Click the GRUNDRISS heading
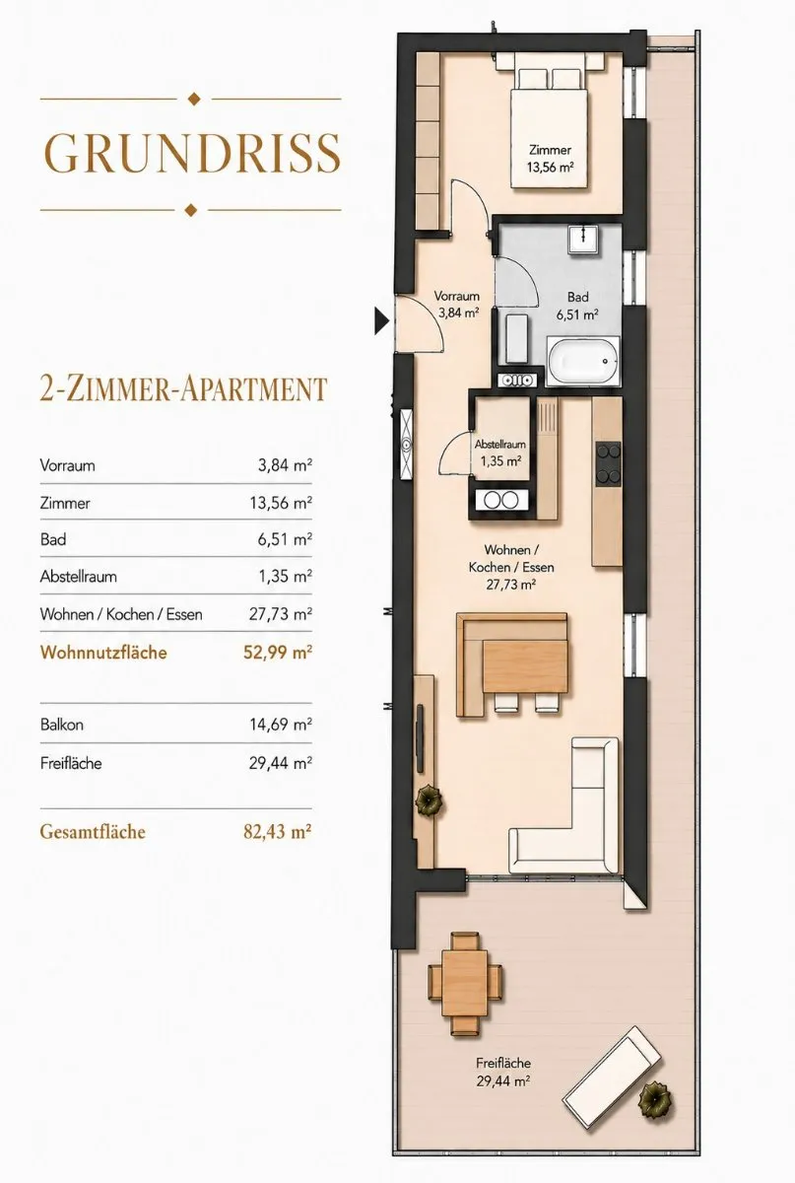coord(190,153)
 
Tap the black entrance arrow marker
coord(381,320)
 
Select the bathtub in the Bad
coord(583,361)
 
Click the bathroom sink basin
coord(583,241)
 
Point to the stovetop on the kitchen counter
coord(608,464)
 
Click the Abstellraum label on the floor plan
coord(499,445)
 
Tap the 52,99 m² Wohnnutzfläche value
coord(278,653)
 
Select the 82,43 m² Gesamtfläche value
coord(277,832)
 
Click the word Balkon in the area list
coord(62,724)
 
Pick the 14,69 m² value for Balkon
coord(281,724)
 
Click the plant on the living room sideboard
coord(429,800)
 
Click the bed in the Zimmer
coord(550,128)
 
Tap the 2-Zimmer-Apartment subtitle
coord(183,388)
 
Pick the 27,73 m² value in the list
coord(281,613)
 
